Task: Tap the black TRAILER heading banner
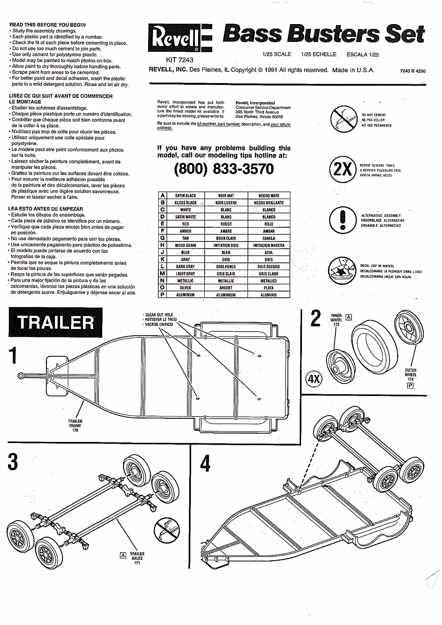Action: coord(55,323)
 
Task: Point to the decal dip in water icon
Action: coord(342,271)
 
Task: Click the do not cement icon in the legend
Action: coord(343,120)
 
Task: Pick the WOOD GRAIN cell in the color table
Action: coord(185,246)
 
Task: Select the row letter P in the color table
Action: coord(163,295)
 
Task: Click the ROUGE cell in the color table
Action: coord(226,224)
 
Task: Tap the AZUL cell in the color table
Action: coord(269,253)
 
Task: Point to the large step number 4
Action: coord(205,463)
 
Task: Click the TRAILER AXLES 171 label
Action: coord(137,558)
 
